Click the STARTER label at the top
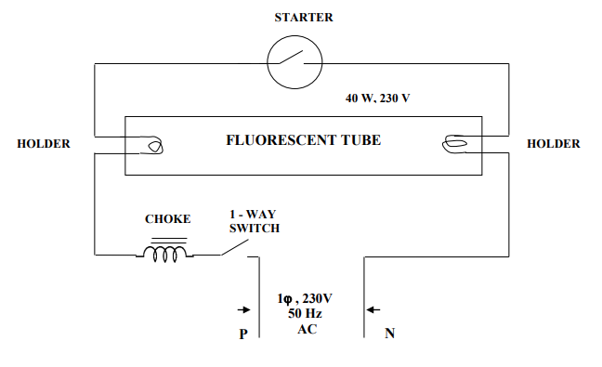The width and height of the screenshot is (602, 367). (x=304, y=18)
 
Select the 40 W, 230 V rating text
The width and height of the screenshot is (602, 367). (x=377, y=98)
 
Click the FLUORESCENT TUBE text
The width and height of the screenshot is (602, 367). (x=304, y=141)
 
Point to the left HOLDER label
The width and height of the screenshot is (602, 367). (x=44, y=144)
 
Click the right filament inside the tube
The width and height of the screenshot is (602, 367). (x=455, y=143)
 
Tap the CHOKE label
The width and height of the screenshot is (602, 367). (x=167, y=219)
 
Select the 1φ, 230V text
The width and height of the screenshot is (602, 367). (x=306, y=298)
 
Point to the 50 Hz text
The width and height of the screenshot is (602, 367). (x=306, y=314)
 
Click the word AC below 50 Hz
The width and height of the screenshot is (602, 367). (x=307, y=329)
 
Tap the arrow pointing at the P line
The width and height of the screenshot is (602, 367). (x=244, y=309)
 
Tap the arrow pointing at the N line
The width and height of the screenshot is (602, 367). (x=373, y=309)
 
